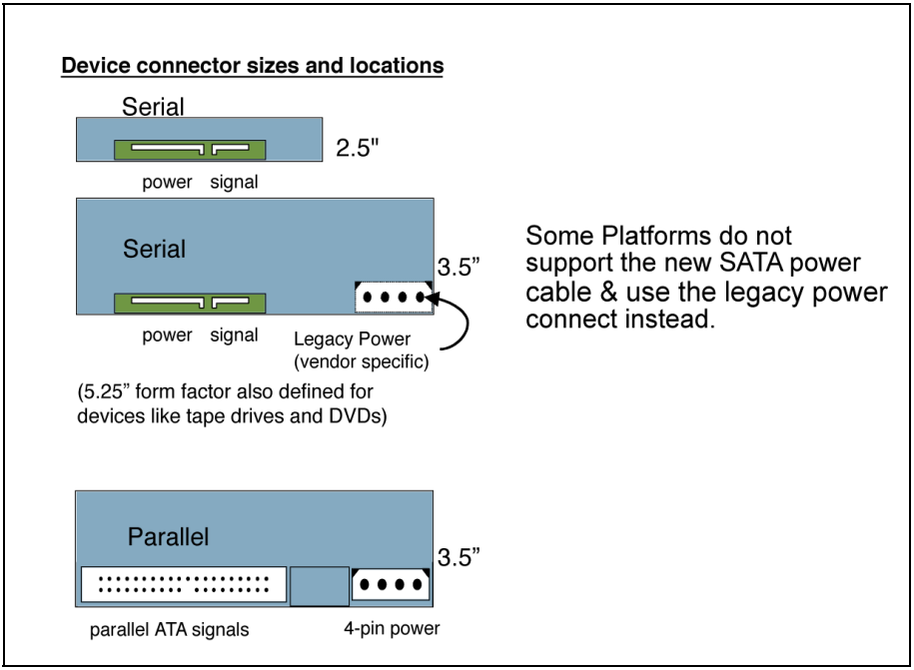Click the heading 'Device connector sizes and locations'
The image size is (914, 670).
(x=252, y=67)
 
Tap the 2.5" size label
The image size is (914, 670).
(x=357, y=149)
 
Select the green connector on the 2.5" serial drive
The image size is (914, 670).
(x=190, y=150)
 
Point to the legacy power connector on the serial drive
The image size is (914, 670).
(x=394, y=298)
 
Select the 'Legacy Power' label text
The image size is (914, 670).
(x=352, y=338)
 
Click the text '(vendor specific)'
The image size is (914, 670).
(x=362, y=361)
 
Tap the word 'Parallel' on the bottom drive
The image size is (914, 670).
(x=168, y=537)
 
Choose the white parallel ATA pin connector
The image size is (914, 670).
(x=182, y=585)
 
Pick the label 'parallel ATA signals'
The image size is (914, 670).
(x=169, y=629)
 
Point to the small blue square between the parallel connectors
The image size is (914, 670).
(x=320, y=586)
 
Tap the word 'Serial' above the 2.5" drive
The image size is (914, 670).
(x=153, y=106)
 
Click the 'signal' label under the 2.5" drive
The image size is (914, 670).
(x=234, y=182)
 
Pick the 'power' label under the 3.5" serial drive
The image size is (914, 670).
(x=167, y=335)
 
